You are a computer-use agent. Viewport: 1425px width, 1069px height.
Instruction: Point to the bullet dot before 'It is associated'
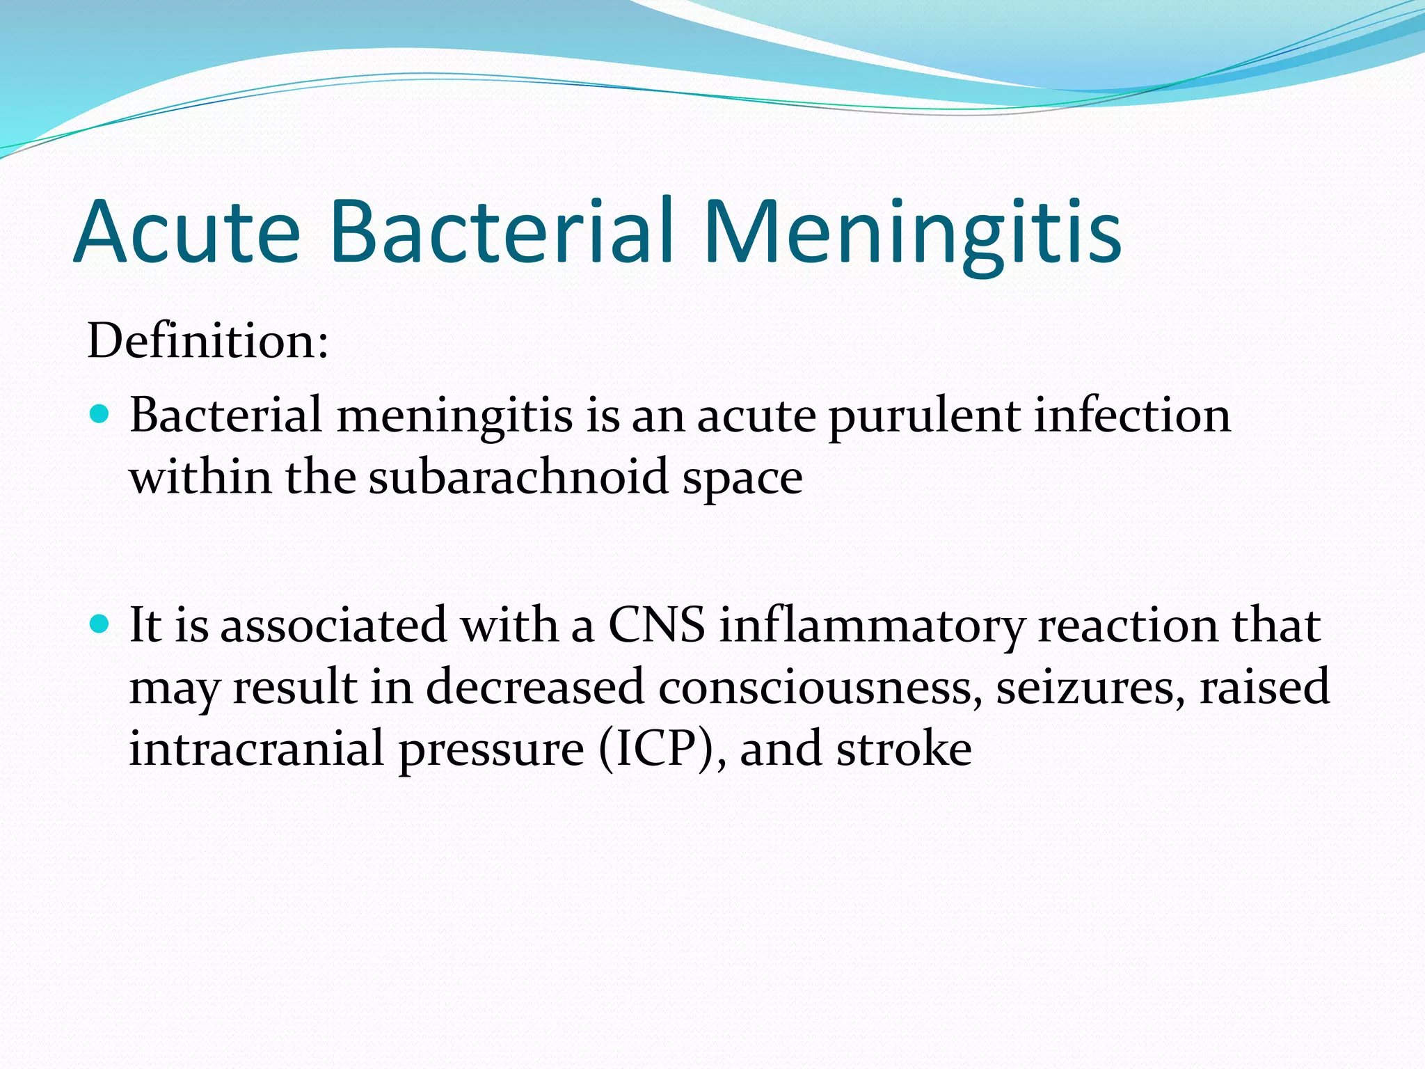click(x=100, y=624)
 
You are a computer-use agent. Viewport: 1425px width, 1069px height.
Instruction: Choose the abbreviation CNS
click(x=656, y=625)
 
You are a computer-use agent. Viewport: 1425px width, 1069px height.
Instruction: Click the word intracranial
click(x=257, y=750)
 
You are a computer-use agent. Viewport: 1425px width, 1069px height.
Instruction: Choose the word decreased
click(x=535, y=688)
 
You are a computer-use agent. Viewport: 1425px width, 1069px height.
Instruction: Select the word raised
click(x=1264, y=688)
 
